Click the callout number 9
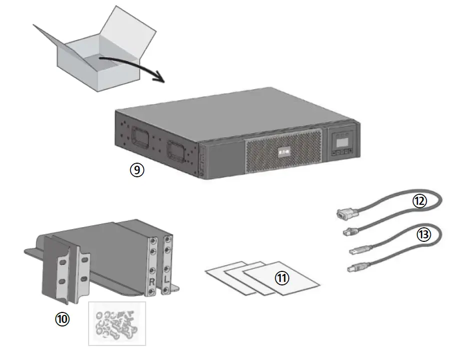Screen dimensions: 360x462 tap(136, 170)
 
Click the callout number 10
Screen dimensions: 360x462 tap(63, 318)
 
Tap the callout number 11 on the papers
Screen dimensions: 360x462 tap(282, 278)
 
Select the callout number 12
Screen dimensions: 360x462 tap(419, 201)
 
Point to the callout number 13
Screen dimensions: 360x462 tap(423, 234)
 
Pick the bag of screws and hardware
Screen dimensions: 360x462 tap(117, 323)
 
